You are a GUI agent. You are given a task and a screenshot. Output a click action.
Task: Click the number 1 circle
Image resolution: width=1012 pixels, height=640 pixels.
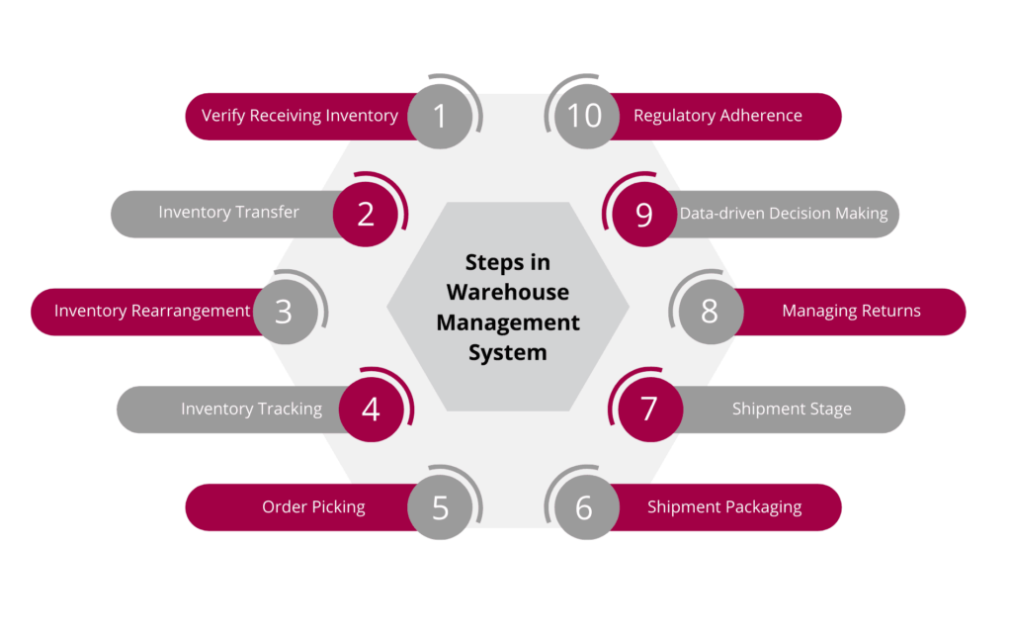tap(440, 116)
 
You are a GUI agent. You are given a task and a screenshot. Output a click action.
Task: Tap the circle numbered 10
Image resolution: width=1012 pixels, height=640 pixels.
tap(585, 116)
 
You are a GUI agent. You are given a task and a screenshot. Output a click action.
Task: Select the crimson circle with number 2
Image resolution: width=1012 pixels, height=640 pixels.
tap(366, 213)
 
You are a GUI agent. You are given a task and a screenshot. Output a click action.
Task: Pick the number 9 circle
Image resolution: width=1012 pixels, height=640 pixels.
tap(644, 214)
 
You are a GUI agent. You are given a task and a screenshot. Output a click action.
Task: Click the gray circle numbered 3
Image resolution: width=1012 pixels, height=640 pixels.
tap(285, 312)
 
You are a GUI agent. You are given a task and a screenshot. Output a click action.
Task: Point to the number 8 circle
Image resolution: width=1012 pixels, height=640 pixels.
tap(710, 312)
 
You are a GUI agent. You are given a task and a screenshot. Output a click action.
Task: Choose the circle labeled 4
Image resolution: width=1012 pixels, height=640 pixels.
tap(371, 409)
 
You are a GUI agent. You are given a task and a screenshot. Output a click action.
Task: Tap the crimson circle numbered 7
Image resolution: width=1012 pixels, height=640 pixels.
tap(649, 409)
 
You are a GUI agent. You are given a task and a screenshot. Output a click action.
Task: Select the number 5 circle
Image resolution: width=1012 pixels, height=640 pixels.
tap(440, 507)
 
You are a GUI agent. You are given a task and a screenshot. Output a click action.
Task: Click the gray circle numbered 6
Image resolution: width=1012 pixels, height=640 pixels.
tap(584, 507)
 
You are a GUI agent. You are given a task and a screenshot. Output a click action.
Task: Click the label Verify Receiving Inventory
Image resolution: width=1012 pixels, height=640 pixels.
tap(299, 116)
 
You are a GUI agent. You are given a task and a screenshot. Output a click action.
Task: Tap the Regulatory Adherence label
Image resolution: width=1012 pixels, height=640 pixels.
tap(717, 116)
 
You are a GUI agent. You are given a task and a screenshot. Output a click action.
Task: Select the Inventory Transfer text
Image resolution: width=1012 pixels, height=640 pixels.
tap(228, 213)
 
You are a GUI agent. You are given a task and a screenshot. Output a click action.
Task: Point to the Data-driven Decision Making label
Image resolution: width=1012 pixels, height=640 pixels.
tap(784, 214)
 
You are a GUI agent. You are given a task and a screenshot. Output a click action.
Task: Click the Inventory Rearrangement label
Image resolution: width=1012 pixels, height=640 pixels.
tap(152, 312)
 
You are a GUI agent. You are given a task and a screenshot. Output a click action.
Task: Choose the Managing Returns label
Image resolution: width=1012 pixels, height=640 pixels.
tap(851, 312)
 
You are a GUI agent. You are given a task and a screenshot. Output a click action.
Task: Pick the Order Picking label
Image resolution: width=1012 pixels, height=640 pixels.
tap(313, 507)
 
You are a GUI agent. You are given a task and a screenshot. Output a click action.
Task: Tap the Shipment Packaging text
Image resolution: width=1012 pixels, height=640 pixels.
tap(724, 507)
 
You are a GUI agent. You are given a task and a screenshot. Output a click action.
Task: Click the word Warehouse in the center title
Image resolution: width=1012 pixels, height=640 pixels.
tap(508, 293)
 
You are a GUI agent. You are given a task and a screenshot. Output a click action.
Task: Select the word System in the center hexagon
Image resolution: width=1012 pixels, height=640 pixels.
tap(508, 352)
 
